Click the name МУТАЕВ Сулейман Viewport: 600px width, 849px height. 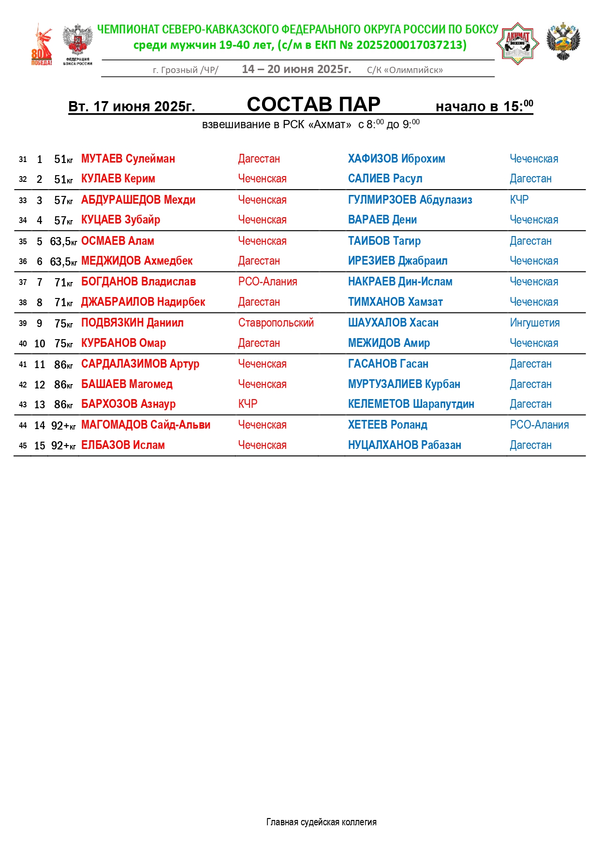click(x=128, y=159)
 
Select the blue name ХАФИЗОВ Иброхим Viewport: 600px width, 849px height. click(x=396, y=159)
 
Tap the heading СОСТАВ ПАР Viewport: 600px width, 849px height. click(x=313, y=104)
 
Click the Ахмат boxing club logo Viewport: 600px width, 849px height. click(x=517, y=44)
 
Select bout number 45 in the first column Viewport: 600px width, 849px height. click(x=23, y=446)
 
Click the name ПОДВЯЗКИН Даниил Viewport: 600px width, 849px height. click(x=132, y=323)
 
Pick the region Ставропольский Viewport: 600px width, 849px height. click(x=276, y=323)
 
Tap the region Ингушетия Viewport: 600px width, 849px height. click(x=535, y=323)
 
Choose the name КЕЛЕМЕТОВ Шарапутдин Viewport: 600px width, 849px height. click(x=411, y=404)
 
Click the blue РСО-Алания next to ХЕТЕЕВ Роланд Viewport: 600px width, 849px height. click(x=539, y=425)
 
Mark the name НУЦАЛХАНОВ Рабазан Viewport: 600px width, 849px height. click(x=405, y=446)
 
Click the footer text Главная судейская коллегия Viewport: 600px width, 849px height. click(x=321, y=822)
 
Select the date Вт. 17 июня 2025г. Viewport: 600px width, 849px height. click(x=132, y=106)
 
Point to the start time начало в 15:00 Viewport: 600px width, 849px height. click(x=484, y=106)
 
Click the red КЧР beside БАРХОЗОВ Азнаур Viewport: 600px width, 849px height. click(x=248, y=404)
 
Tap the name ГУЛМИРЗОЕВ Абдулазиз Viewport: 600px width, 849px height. click(x=410, y=200)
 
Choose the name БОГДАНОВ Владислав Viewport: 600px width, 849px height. click(x=138, y=282)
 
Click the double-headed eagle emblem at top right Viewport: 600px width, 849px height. click(x=563, y=42)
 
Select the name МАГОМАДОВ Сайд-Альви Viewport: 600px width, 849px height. click(x=146, y=425)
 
